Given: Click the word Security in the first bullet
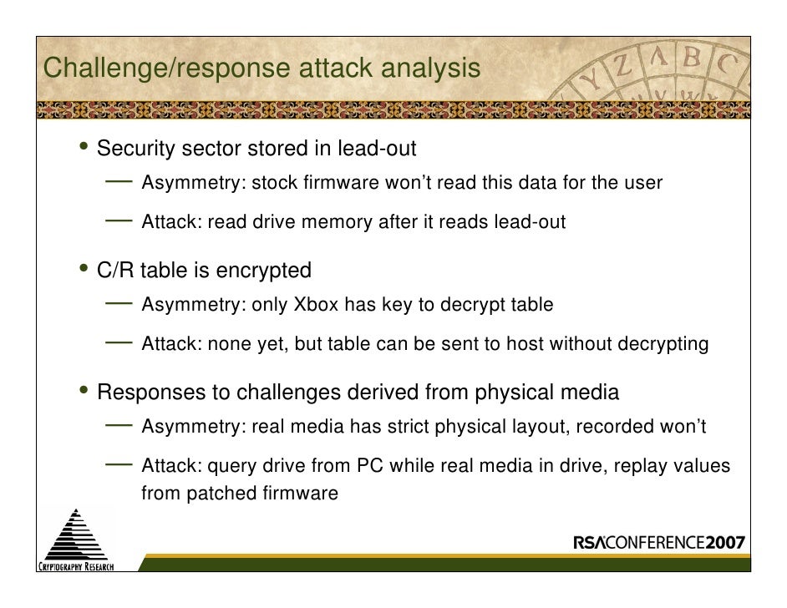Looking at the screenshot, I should tap(135, 149).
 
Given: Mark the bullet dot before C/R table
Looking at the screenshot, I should tap(86, 270).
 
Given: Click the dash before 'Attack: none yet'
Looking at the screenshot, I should tap(119, 341).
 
